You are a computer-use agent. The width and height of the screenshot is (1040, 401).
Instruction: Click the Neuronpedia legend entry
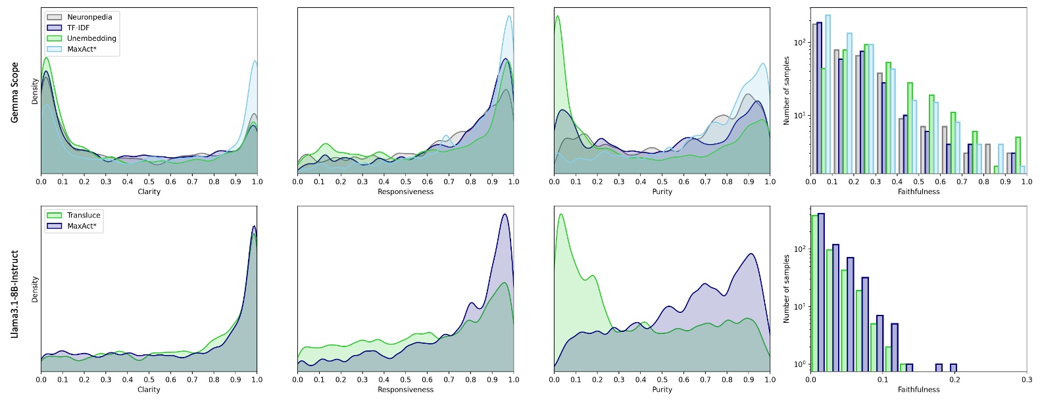(89, 17)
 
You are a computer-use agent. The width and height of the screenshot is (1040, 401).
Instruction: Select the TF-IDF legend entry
(78, 28)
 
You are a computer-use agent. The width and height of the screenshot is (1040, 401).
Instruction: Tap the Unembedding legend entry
(91, 38)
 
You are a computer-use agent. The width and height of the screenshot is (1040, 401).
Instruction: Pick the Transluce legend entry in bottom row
(84, 215)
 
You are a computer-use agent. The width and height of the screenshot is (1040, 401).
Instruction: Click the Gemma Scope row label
(15, 92)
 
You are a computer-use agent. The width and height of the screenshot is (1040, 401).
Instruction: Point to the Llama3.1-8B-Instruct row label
(15, 294)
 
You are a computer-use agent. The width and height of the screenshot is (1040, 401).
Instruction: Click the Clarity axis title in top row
(149, 192)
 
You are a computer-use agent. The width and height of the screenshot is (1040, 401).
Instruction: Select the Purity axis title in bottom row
(662, 389)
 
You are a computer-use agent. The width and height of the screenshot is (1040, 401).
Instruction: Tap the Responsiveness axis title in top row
(405, 192)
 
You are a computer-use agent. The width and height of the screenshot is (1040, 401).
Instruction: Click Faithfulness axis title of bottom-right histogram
(918, 389)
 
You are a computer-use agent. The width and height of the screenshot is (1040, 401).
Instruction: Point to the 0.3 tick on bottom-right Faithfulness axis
(1026, 379)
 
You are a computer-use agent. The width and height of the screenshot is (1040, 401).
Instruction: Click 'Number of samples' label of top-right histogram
(786, 91)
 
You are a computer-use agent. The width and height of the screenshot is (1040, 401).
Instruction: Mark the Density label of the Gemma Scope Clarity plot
(36, 91)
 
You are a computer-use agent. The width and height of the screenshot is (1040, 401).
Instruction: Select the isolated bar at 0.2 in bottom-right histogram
(953, 367)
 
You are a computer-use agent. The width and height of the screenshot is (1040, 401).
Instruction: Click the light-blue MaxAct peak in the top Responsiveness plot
(509, 17)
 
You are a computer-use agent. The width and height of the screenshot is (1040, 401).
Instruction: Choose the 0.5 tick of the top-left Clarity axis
(149, 182)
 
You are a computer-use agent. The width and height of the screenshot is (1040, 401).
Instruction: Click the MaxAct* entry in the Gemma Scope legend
(82, 49)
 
